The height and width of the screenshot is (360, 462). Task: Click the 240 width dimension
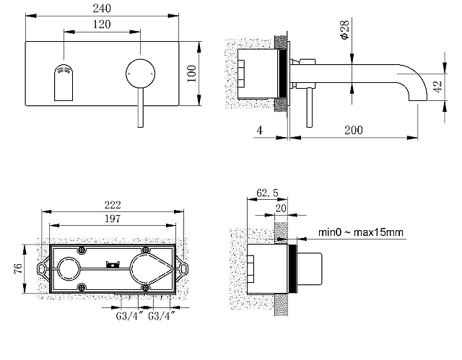102,8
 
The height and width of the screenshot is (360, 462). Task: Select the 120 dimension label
102,24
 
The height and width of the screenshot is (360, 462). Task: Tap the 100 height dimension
191,74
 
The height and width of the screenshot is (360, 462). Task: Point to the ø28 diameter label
344,30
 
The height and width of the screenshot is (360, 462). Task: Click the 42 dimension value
438,87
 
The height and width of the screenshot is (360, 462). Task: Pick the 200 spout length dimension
354,130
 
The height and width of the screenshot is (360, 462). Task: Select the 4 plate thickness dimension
259,130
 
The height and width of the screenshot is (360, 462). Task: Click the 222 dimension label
113,205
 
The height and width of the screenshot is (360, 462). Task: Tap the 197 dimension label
113,219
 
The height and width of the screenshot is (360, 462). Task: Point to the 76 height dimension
18,268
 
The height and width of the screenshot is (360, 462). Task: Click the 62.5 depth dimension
267,193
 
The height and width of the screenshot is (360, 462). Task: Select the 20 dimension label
281,208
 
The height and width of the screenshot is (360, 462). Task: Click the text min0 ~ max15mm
361,232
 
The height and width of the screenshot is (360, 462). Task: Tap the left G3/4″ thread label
129,316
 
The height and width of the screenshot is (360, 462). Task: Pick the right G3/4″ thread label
162,316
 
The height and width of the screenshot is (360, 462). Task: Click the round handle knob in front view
140,74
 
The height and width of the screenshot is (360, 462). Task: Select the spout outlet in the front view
64,82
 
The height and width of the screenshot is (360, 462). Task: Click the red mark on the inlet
130,297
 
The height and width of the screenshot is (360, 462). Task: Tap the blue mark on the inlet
162,297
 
